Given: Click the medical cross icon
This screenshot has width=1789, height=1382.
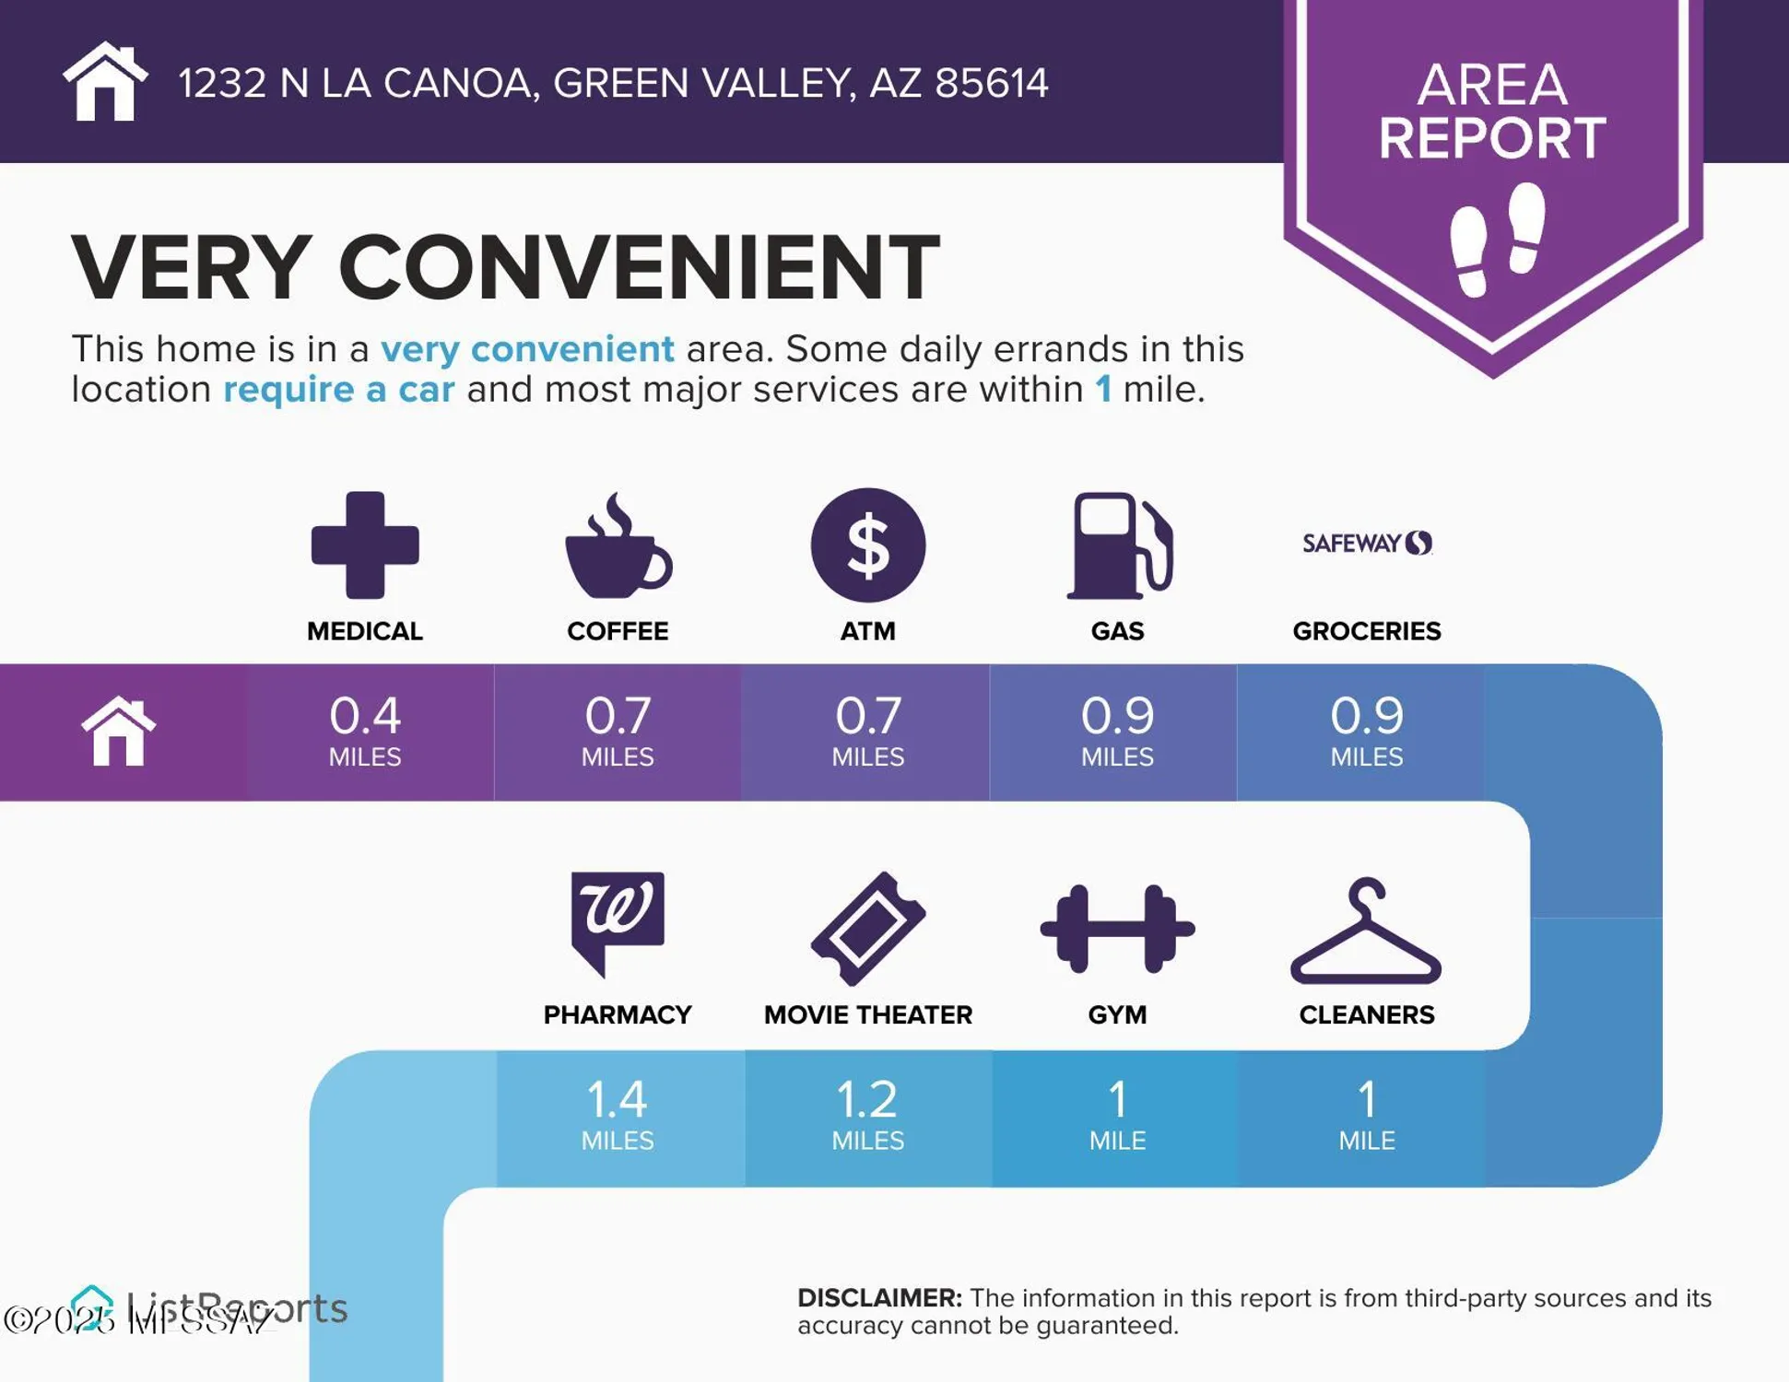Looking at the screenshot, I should [365, 545].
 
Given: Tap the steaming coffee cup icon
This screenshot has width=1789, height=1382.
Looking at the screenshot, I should [618, 549].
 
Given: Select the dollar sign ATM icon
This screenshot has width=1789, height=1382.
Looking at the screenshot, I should [867, 545].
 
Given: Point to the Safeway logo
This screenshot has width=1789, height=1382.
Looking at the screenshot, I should [1367, 543].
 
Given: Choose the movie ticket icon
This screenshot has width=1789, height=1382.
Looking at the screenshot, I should [868, 928].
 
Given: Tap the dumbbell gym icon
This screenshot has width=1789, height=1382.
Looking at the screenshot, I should [1117, 929].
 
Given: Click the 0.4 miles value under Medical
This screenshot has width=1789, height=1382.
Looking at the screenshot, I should [365, 716].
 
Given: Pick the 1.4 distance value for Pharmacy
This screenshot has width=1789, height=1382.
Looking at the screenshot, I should [617, 1099].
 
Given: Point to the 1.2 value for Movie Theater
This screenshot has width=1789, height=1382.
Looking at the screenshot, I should [867, 1099].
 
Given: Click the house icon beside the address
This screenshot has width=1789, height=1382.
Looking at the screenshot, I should [105, 82].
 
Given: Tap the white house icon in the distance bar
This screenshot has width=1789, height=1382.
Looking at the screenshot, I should [119, 732].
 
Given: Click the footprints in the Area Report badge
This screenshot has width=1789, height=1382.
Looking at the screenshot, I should [1497, 239].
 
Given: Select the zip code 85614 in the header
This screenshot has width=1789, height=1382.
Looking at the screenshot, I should [991, 83].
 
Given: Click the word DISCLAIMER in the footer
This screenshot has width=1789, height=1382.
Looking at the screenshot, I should [879, 1297].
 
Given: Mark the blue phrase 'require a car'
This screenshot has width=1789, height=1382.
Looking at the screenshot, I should [338, 390].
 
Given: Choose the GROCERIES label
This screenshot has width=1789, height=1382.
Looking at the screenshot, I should [1366, 631].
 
